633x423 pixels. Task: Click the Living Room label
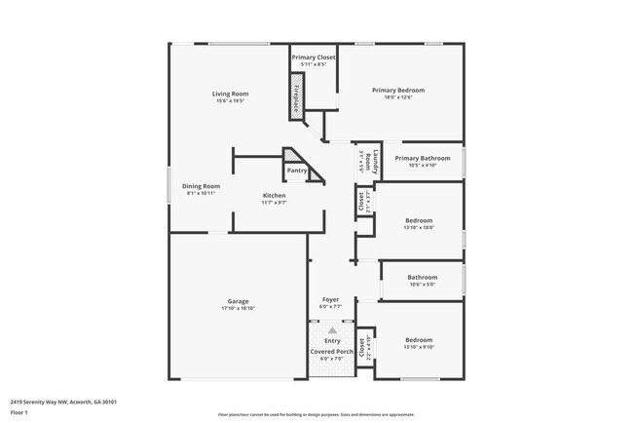coord(231,94)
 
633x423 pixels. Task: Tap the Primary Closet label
coord(314,58)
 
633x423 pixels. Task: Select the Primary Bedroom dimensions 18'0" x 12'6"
coord(398,97)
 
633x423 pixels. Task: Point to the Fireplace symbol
coord(297,98)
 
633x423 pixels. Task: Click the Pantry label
coord(296,171)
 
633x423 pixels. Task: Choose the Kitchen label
coord(274,196)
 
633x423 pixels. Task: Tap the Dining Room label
coord(201,185)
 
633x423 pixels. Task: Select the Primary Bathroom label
coord(422,158)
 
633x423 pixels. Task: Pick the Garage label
coord(238,300)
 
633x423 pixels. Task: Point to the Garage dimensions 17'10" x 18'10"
coord(238,308)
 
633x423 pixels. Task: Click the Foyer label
coord(332,299)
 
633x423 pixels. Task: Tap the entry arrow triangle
coord(332,330)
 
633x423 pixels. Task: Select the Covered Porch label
coord(332,351)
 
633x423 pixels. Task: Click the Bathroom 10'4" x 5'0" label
coord(422,277)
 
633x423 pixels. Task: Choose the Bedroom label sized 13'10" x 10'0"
coord(419,220)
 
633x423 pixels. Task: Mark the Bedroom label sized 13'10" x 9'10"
coord(419,340)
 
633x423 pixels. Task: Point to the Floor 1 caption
coord(19,411)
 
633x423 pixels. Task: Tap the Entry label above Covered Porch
coord(332,340)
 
